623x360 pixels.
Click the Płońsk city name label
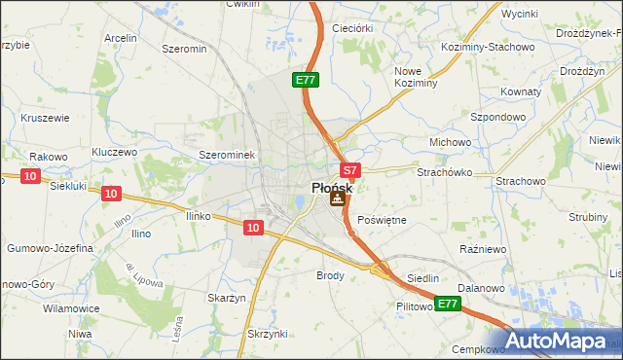[332, 188]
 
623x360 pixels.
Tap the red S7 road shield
[351, 169]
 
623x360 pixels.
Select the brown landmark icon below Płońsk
[337, 199]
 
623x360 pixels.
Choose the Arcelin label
[120, 38]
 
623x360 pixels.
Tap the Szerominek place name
[226, 155]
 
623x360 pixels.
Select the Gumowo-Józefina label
[50, 248]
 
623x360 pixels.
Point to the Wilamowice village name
[71, 308]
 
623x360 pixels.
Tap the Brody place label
[331, 275]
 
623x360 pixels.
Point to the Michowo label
[450, 142]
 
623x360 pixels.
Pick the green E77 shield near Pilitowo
[447, 305]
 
